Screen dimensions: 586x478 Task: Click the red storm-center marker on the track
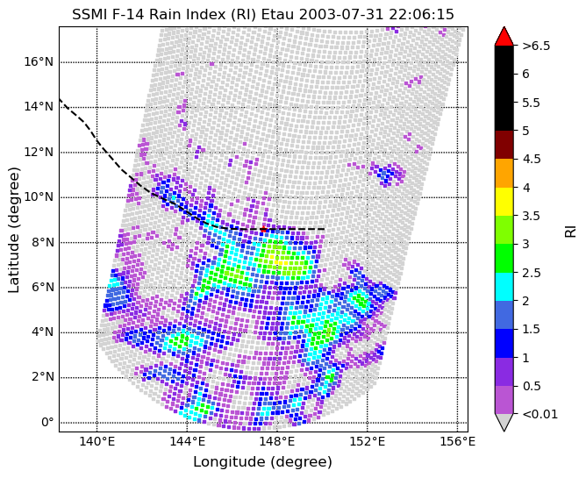point(263,229)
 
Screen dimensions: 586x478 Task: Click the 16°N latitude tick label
point(39,62)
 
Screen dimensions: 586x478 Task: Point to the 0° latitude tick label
point(47,423)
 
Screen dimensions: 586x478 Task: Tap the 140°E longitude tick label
point(96,442)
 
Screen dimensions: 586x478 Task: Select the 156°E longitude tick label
point(458,442)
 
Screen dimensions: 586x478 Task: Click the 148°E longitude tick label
point(277,442)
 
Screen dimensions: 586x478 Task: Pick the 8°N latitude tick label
point(42,243)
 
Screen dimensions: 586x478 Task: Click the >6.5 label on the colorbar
point(536,46)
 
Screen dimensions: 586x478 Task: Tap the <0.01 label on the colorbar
point(540,414)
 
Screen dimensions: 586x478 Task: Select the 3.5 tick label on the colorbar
point(531,216)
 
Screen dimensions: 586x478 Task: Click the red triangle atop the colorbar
point(504,36)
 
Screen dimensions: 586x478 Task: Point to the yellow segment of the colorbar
point(504,202)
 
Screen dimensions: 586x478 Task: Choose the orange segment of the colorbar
point(504,174)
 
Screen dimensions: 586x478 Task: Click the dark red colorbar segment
point(504,145)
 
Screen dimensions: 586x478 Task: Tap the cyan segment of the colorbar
point(504,287)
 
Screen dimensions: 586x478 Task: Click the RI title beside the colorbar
point(571,230)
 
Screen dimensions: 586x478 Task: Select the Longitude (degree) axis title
point(262,462)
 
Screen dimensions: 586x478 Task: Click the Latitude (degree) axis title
point(13,230)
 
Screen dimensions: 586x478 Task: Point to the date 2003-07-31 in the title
point(342,15)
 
